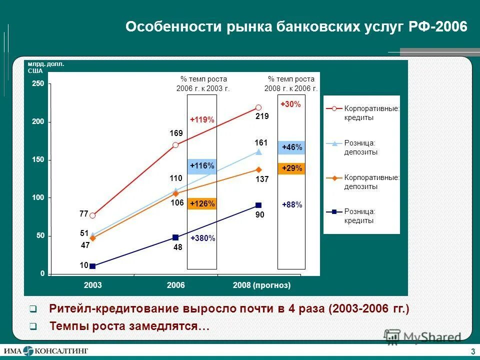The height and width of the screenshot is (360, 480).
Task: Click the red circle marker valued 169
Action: pos(175,145)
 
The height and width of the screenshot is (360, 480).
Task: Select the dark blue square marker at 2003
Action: pos(92,266)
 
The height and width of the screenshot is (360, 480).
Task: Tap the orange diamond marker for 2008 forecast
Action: pos(258,169)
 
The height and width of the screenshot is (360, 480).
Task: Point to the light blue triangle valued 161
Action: pos(258,151)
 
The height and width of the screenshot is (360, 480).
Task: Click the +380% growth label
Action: pos(202,238)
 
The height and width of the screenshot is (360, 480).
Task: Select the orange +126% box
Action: pos(202,203)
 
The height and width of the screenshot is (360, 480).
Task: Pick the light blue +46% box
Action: pos(291,147)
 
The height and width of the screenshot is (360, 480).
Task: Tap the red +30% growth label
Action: pos(290,104)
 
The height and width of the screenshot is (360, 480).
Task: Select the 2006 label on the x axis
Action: pos(176,285)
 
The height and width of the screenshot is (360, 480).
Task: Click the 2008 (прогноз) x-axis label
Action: pos(261,285)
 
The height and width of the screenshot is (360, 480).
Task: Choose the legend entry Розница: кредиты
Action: pos(359,216)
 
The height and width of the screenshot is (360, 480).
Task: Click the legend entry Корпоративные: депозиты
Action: pos(370,181)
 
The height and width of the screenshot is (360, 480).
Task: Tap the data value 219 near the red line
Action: pos(262,116)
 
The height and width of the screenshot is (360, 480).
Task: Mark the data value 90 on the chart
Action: pos(260,214)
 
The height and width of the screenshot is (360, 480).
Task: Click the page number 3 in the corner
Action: pos(472,349)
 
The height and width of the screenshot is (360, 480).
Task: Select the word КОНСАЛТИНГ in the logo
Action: pos(61,350)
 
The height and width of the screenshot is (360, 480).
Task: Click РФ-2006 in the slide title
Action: pos(437,27)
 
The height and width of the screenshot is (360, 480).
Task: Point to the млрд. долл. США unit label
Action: pos(46,67)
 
